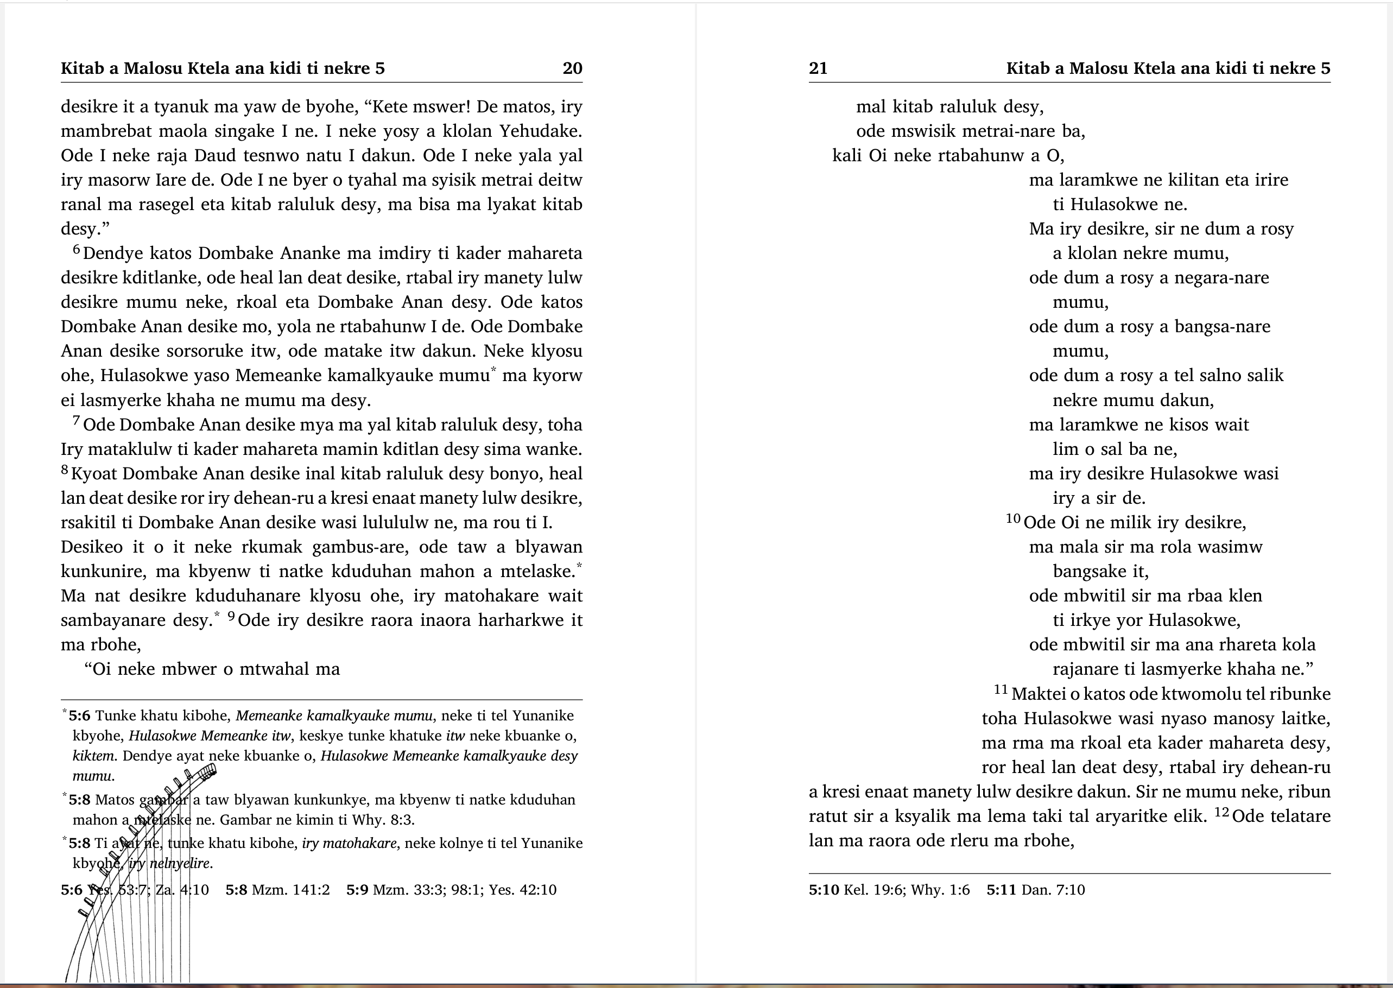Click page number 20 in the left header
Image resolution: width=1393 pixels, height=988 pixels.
pos(572,68)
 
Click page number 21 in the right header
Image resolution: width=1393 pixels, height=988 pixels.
pos(818,68)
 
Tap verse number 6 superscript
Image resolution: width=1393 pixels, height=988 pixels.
pos(77,249)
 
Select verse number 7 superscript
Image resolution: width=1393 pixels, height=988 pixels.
pos(77,420)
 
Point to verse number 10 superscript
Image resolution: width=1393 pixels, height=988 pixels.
pos(1013,518)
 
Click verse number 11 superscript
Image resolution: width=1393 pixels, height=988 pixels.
pos(1001,689)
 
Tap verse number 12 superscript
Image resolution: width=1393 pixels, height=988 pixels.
pos(1222,812)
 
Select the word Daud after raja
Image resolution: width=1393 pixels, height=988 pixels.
pos(215,155)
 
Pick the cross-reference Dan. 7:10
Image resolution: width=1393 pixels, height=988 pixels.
pos(1053,890)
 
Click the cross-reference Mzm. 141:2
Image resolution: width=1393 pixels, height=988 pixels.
pos(291,890)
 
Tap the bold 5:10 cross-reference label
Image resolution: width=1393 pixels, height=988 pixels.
pos(824,890)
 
